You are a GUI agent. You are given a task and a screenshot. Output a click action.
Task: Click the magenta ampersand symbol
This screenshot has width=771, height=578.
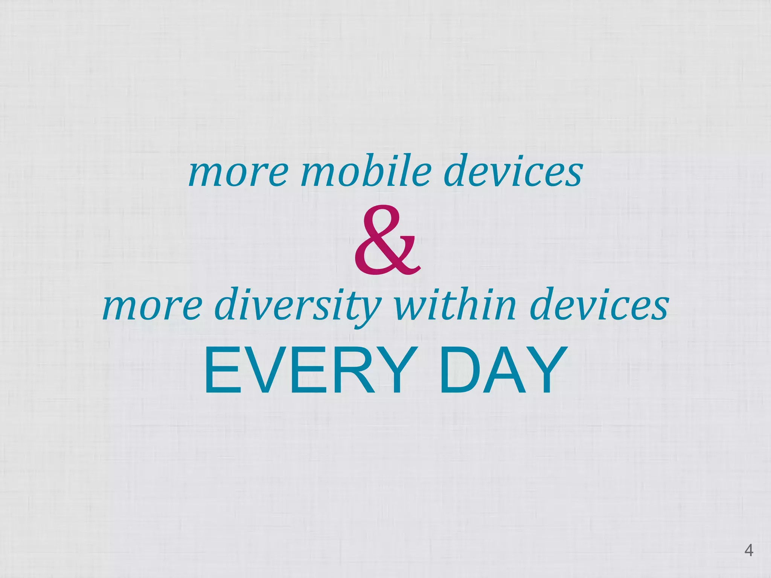(x=387, y=241)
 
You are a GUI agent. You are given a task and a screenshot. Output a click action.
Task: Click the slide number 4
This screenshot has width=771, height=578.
(x=749, y=551)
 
